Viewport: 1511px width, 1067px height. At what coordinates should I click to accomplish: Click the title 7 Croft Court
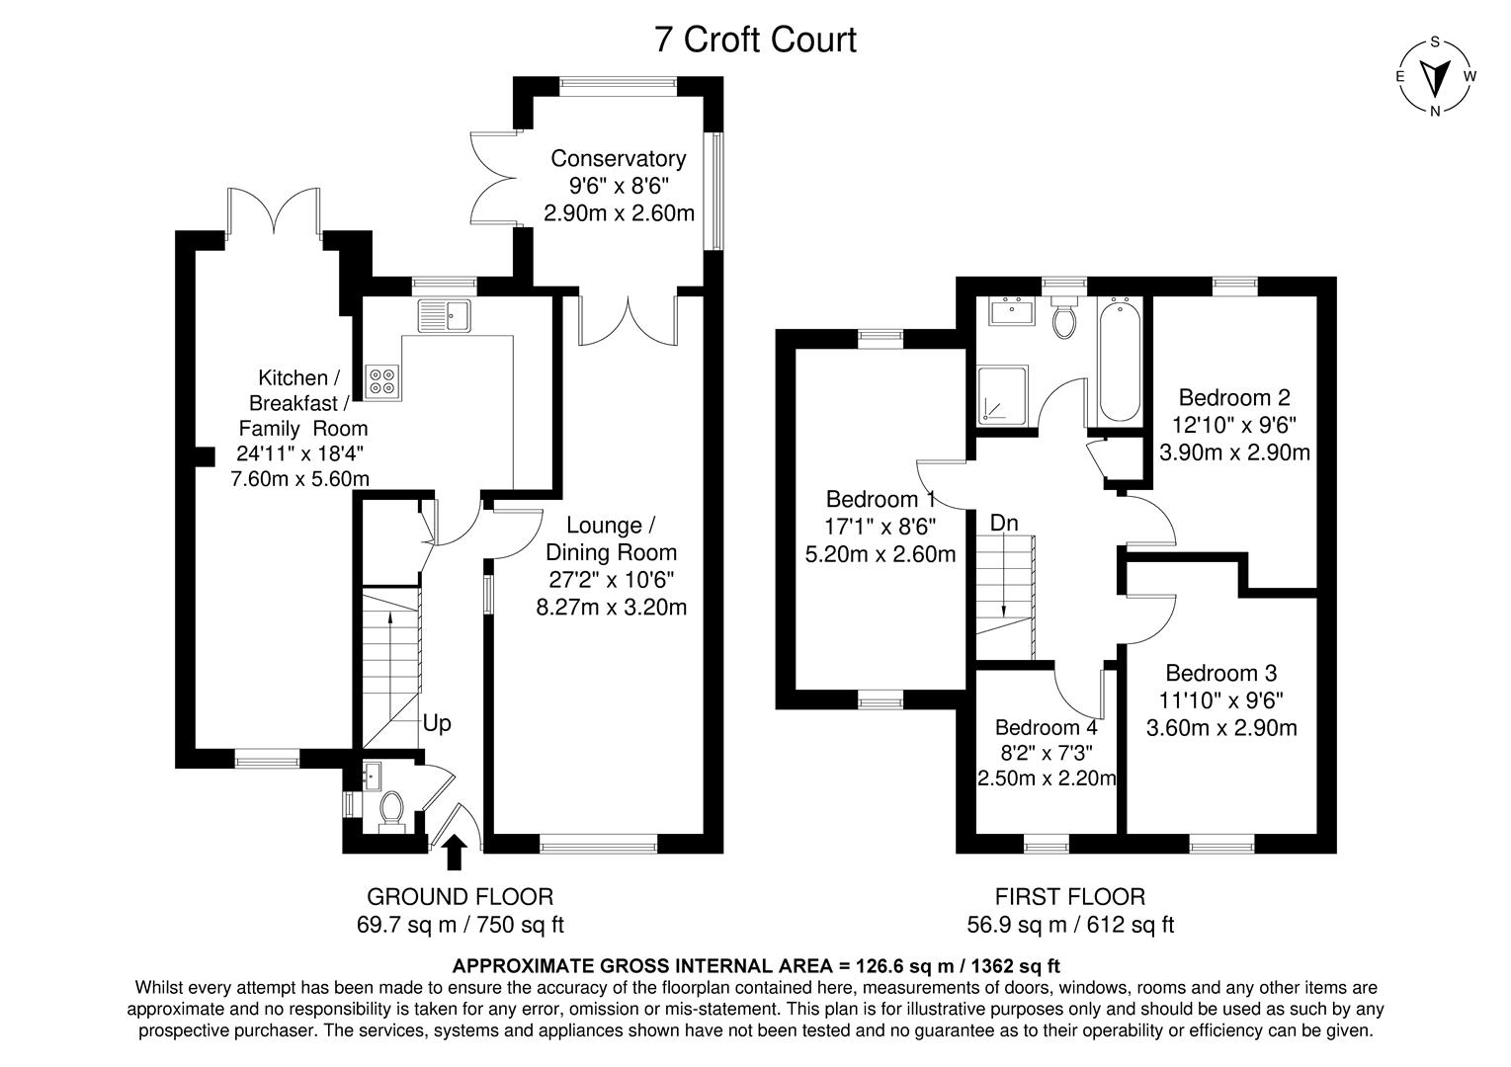(755, 41)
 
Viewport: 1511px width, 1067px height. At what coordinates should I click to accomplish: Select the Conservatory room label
(618, 158)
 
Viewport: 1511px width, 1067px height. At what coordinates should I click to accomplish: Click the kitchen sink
(446, 315)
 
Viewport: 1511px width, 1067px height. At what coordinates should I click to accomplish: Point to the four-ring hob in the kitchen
(383, 381)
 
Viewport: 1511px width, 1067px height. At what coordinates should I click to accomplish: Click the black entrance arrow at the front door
(455, 853)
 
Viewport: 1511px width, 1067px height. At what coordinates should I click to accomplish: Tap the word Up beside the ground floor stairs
(437, 723)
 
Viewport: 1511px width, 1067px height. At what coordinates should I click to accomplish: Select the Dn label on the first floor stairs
(1004, 523)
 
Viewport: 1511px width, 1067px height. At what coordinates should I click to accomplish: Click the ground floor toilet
(390, 809)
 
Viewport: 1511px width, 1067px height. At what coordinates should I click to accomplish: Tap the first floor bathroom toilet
(1064, 319)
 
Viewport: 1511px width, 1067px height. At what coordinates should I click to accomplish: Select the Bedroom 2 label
(1234, 398)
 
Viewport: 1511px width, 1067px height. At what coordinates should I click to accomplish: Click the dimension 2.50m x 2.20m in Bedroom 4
(1047, 779)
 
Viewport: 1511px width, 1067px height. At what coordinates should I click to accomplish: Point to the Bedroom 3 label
(1221, 673)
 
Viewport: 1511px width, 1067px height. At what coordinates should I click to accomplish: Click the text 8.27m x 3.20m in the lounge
(611, 607)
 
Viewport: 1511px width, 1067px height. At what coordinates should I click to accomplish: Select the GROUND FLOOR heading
(460, 896)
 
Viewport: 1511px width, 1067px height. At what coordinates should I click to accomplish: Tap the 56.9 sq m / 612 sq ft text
(1070, 925)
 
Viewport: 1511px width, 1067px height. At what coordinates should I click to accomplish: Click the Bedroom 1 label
(881, 499)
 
